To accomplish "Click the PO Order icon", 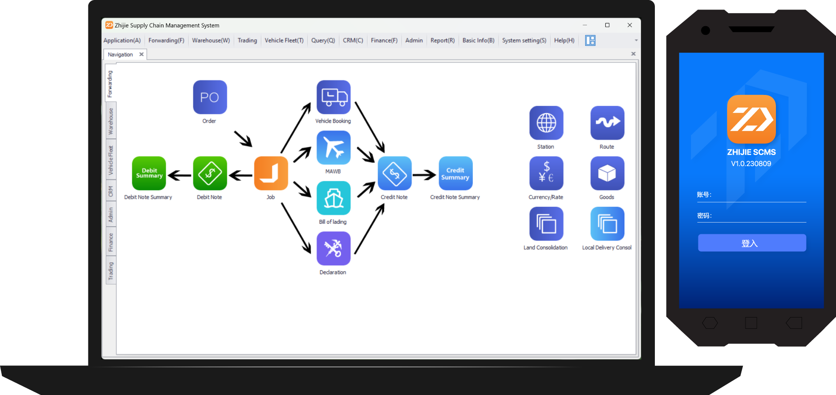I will click(x=210, y=97).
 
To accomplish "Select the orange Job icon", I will click(x=271, y=173).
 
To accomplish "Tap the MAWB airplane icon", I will click(x=334, y=148).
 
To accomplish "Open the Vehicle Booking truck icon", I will click(x=334, y=97).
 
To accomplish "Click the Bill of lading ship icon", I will click(x=334, y=198).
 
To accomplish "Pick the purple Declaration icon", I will click(x=334, y=248).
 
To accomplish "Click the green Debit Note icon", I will click(x=210, y=173).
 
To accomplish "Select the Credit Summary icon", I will click(x=455, y=173).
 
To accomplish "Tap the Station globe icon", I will click(x=546, y=123).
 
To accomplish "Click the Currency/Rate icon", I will click(x=546, y=173).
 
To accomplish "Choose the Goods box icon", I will click(x=607, y=173).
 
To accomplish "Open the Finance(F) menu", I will click(x=384, y=41).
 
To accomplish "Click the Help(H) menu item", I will click(x=564, y=41).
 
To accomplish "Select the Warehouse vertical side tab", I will click(x=111, y=121).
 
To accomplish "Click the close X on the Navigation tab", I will click(x=142, y=54).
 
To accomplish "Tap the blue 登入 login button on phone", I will click(x=752, y=243).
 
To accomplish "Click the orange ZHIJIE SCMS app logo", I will click(x=752, y=119).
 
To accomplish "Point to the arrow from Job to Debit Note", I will click(x=240, y=176).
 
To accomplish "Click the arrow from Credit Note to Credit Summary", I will click(x=424, y=175).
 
